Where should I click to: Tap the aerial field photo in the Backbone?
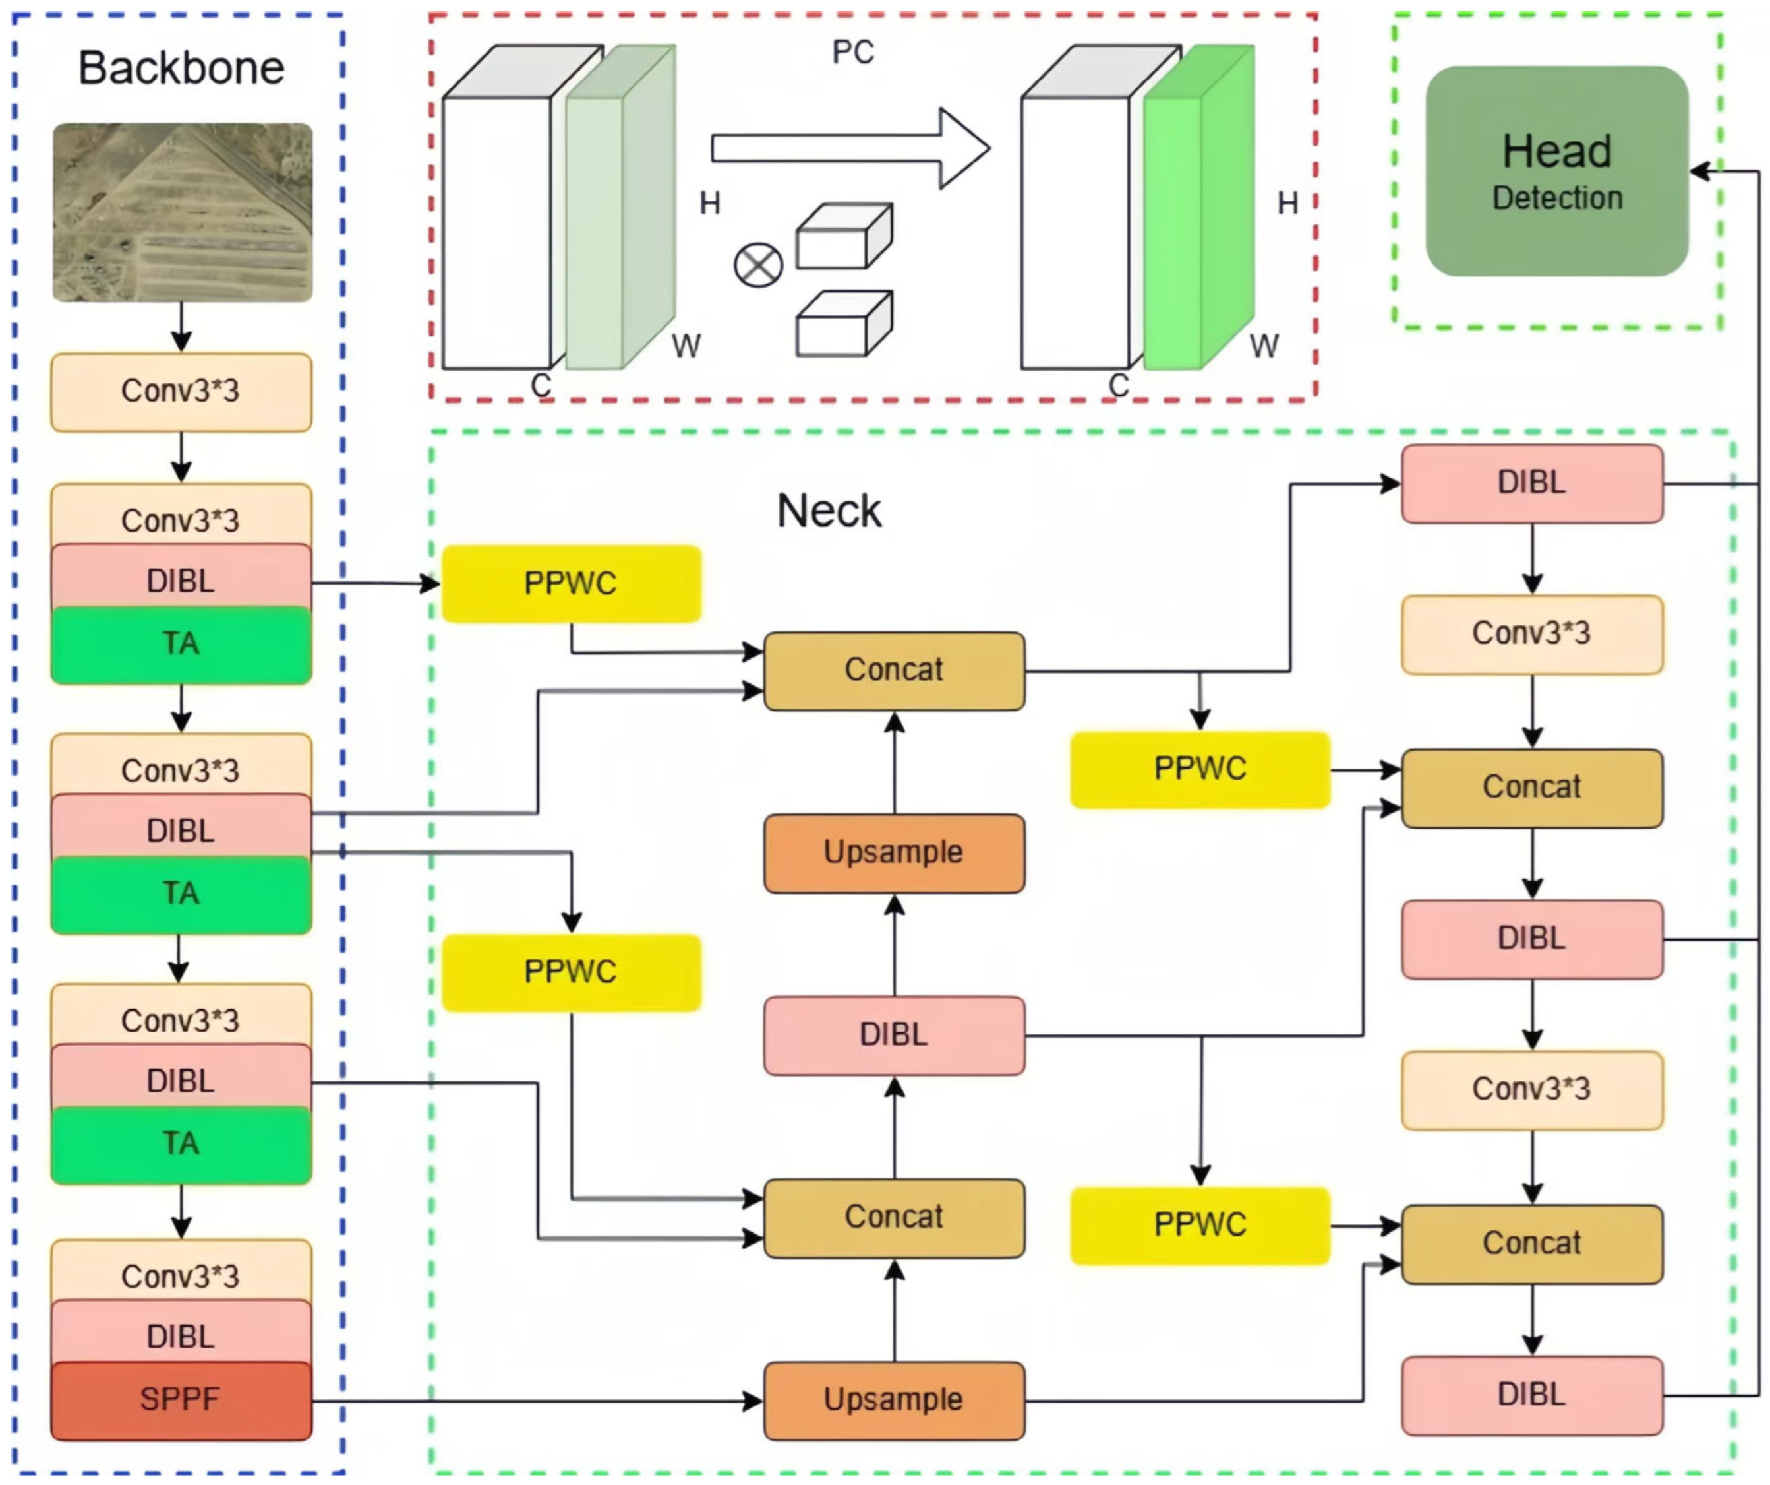click(182, 212)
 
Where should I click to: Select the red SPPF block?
click(181, 1399)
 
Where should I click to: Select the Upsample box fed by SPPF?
click(893, 1400)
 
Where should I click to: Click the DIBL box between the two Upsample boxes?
click(893, 1034)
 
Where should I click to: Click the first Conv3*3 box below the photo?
click(181, 392)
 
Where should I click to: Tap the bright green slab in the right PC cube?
click(1197, 219)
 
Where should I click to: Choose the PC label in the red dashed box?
click(852, 52)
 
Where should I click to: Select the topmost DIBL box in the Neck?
click(1531, 483)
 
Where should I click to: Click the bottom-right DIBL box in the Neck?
click(1531, 1395)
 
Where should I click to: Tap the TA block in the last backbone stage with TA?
click(181, 1145)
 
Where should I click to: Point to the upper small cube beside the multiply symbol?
click(843, 237)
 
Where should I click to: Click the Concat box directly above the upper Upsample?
click(893, 670)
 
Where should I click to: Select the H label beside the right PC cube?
click(1287, 203)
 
